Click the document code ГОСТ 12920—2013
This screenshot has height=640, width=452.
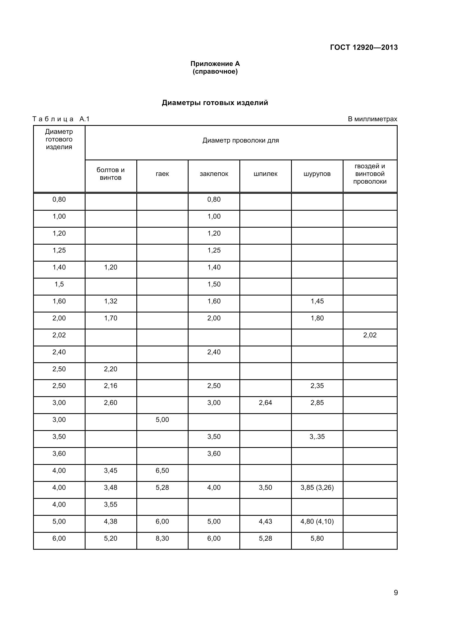pos(364,47)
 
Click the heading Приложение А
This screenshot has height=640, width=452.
pos(215,64)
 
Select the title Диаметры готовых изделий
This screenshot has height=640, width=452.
pos(215,103)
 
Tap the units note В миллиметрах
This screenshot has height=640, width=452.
pos(372,119)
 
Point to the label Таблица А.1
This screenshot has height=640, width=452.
pos(61,119)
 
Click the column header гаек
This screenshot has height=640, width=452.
pos(162,174)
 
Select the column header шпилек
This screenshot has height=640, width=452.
pos(266,174)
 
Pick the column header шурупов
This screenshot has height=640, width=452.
pos(317,174)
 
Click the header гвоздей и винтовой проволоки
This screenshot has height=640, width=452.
pos(370,174)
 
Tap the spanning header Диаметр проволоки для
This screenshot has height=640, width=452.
pos(240,140)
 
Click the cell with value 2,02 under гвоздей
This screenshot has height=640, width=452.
pos(370,335)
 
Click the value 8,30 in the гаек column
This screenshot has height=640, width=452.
pos(162,538)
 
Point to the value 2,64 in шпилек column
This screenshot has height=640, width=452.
pos(266,403)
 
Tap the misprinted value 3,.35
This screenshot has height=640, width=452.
pos(317,437)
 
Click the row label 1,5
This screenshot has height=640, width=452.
pos(59,284)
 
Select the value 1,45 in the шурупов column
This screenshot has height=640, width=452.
pos(317,301)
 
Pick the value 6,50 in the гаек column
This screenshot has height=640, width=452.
pos(162,471)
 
